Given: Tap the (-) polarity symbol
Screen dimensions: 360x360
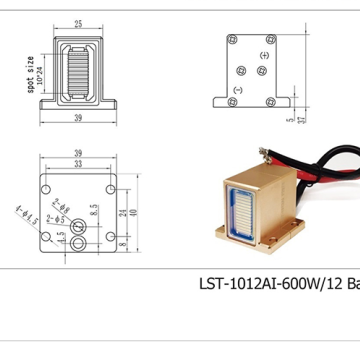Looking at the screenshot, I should [237, 91].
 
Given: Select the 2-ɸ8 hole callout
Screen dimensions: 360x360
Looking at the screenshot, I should [66, 202].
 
